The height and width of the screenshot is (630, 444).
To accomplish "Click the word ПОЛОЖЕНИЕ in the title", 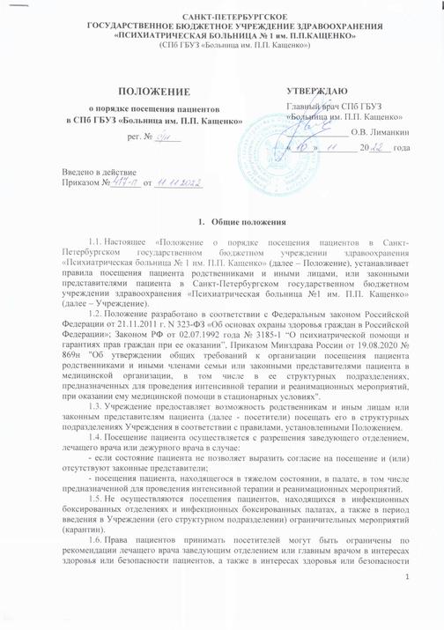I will (147, 91).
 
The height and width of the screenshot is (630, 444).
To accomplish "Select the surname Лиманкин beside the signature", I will (390, 132).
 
